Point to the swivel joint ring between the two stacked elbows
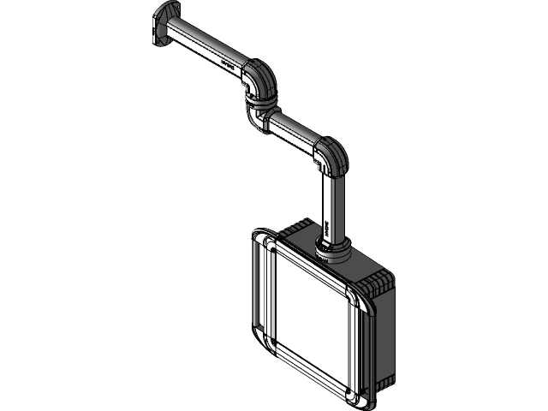(x=261, y=101)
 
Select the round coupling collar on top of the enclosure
(x=331, y=249)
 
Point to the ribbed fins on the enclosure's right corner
(x=377, y=283)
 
